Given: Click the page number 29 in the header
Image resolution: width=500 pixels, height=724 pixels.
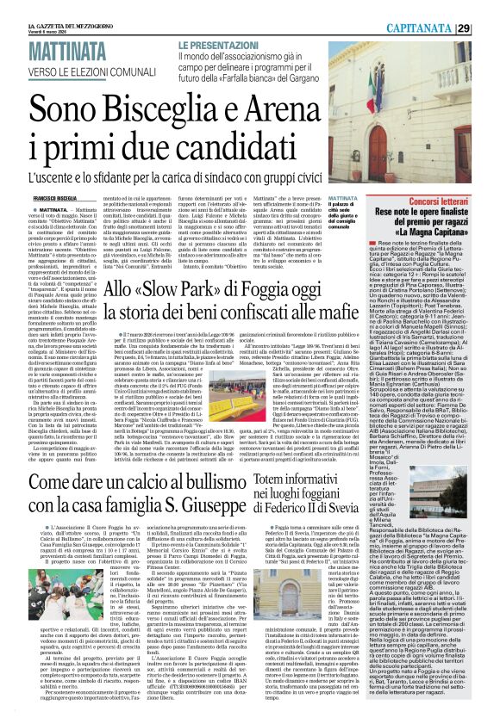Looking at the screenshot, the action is point(487,28).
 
